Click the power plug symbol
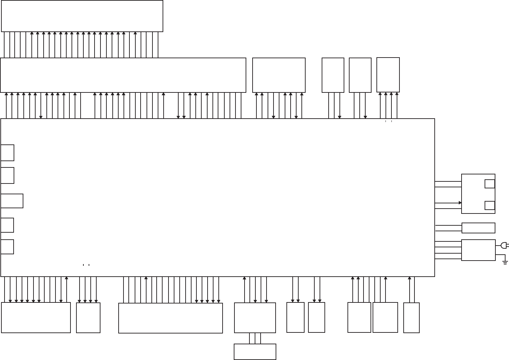504,246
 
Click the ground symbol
505,262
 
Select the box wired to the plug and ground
478,250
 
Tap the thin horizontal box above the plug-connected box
478,228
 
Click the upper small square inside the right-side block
489,184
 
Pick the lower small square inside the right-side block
489,205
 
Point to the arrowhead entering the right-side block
460,203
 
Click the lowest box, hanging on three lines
255,352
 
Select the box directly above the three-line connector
255,318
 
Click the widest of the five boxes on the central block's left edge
12,201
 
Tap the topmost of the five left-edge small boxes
7,153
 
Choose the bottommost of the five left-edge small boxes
7,247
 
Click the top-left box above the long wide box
82,16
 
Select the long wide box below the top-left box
123,75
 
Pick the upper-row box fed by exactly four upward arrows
388,75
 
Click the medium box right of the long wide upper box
279,75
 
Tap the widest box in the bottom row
170,318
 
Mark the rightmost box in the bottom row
411,318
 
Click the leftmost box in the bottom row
36,317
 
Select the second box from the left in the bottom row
88,317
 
